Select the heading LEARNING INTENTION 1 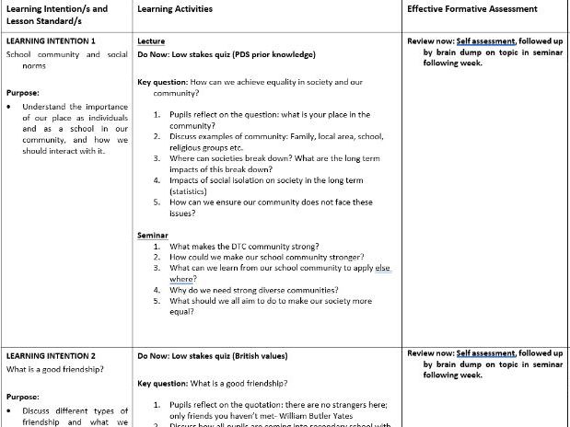point(51,41)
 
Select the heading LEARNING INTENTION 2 point(51,354)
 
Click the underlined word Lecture point(151,41)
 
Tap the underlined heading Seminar point(153,236)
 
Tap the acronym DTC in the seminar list point(235,248)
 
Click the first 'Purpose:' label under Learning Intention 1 point(23,93)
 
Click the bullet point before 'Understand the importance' point(9,107)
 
